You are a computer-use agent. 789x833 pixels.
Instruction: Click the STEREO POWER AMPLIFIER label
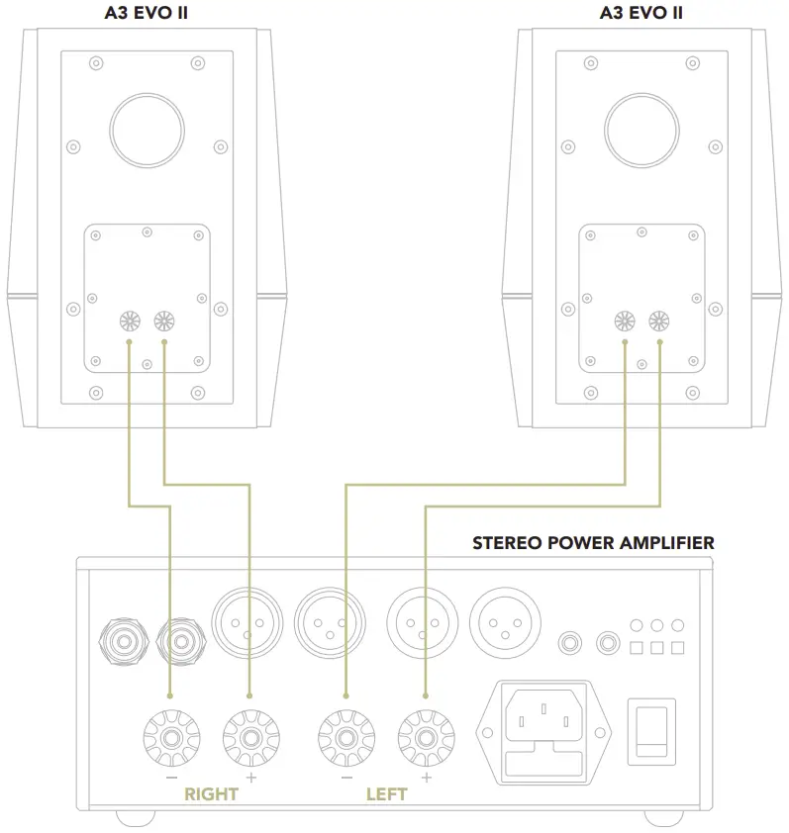(x=593, y=543)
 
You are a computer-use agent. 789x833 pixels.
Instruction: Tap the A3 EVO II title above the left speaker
(x=146, y=14)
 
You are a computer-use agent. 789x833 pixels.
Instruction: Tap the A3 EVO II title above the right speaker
(x=641, y=14)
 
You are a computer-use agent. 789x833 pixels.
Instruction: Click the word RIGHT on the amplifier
(x=211, y=793)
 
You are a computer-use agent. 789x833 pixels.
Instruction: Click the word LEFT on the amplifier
(x=387, y=793)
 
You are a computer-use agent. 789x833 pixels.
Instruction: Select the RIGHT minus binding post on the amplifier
(x=170, y=737)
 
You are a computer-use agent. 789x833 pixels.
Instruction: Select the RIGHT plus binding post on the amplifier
(x=249, y=737)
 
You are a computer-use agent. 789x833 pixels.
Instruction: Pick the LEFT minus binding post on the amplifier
(x=345, y=737)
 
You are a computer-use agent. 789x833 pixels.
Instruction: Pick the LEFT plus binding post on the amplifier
(x=425, y=737)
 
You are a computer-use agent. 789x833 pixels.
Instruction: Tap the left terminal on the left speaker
(x=129, y=322)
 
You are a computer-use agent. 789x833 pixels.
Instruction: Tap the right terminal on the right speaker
(x=659, y=322)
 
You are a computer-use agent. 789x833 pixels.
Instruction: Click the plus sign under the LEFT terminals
(x=426, y=779)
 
